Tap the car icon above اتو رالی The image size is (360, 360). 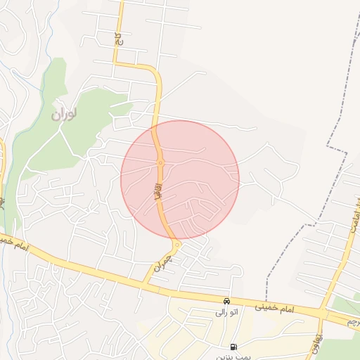coord(226,300)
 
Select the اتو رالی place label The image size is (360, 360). coord(226,311)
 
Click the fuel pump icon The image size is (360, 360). coord(233,347)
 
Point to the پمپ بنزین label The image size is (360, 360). coord(232,356)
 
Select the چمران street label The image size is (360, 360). coord(162,264)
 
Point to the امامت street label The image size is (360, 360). coord(352,223)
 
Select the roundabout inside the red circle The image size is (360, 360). coord(160,163)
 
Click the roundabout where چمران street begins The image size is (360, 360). coord(177,244)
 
